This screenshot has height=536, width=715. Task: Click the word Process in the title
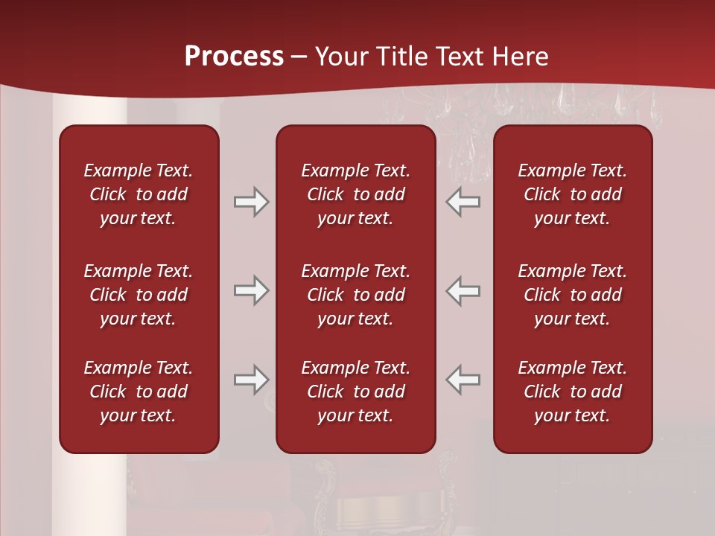(234, 57)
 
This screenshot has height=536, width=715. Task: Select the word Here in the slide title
(521, 57)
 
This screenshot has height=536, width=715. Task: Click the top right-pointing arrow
(251, 202)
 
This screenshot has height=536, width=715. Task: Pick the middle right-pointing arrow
(251, 290)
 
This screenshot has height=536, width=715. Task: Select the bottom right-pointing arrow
(251, 380)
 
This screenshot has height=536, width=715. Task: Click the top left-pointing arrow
(463, 202)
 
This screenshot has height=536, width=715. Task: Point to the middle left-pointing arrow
(463, 290)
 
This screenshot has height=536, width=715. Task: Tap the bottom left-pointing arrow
(463, 380)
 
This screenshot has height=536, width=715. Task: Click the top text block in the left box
(139, 194)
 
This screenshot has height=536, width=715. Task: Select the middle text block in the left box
(139, 295)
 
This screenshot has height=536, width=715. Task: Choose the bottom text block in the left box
(139, 392)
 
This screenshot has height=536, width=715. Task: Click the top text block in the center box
(356, 194)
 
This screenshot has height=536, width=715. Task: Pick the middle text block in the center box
(356, 295)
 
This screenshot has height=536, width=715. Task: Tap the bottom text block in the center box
(356, 392)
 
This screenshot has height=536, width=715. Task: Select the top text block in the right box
(573, 194)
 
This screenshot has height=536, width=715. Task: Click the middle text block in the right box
(573, 295)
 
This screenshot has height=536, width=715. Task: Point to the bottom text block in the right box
(573, 392)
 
